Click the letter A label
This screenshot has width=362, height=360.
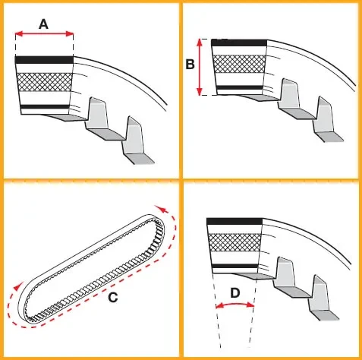(43, 24)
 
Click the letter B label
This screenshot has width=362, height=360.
(190, 64)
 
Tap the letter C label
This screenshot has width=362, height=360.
(113, 297)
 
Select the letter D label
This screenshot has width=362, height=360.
(235, 293)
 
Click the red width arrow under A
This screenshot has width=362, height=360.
(44, 33)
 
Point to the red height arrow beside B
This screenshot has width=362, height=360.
(200, 67)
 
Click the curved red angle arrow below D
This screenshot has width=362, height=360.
(235, 305)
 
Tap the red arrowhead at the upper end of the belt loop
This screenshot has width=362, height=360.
(161, 210)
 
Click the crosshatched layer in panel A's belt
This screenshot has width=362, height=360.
(44, 82)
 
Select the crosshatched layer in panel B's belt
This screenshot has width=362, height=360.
(239, 64)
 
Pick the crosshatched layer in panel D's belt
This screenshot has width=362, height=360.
(235, 242)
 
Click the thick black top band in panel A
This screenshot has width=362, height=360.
(44, 60)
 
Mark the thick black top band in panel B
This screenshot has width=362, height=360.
(239, 43)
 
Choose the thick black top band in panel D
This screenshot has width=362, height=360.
(235, 221)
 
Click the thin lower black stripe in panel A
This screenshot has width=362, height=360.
(45, 106)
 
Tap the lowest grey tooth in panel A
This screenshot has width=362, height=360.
(137, 142)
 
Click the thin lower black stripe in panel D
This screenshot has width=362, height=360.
(235, 266)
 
